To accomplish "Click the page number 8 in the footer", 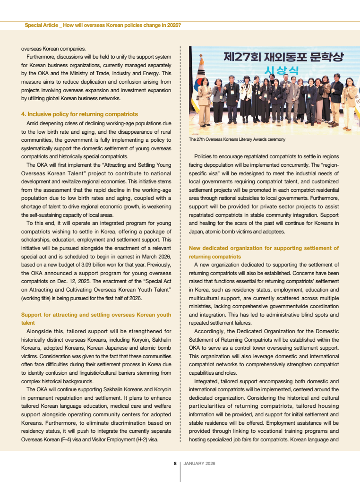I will coord(175,464).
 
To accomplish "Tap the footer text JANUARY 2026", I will coord(199,464).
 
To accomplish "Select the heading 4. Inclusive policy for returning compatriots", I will coord(79,114).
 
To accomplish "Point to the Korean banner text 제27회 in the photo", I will coord(241,58).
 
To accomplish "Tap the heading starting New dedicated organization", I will coord(263,248).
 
